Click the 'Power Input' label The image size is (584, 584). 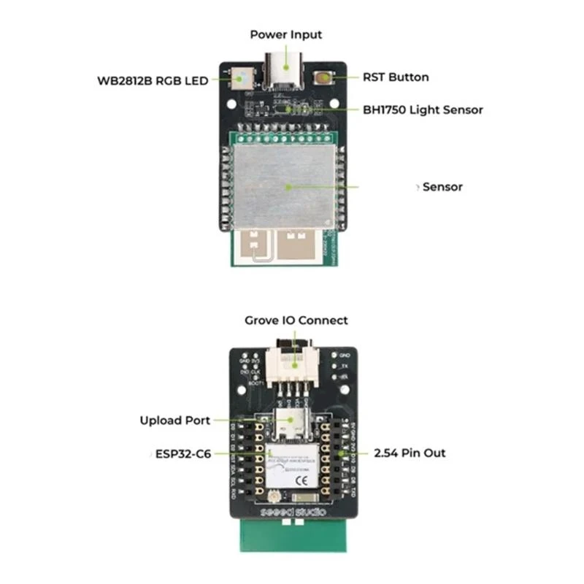click(x=285, y=34)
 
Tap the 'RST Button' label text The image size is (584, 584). click(x=396, y=77)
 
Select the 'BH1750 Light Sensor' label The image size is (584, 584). click(x=423, y=109)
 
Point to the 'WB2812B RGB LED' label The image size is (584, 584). click(x=153, y=80)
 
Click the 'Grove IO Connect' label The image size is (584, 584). click(x=296, y=320)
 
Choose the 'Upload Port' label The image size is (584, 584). click(x=175, y=420)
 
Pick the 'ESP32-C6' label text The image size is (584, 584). click(x=183, y=453)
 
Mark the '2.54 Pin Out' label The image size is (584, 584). click(x=410, y=453)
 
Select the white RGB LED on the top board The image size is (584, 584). click(x=243, y=75)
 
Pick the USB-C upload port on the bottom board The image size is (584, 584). click(x=291, y=422)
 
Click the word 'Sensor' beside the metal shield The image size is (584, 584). click(x=442, y=187)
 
